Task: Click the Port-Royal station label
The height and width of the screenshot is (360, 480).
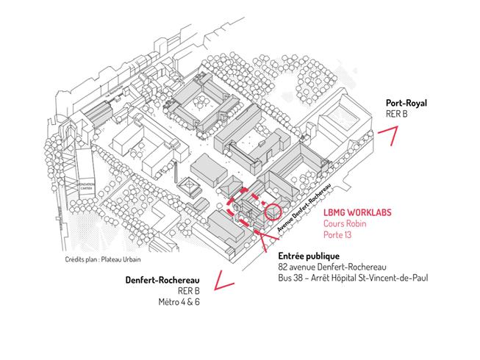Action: pos(406,104)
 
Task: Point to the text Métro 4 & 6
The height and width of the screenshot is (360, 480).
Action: pos(179,302)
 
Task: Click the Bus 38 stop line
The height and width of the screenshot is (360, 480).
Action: pos(353,278)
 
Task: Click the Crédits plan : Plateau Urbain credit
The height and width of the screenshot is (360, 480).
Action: pos(102,259)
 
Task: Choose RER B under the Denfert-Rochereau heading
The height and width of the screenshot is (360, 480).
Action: pos(187,291)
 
